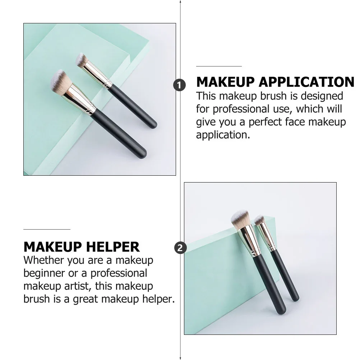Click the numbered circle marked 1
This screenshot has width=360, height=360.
[180, 85]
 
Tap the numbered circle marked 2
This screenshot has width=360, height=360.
[180, 248]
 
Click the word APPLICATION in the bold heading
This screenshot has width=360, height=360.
[306, 82]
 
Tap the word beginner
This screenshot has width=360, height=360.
[45, 273]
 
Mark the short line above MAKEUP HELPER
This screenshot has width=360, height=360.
[47, 229]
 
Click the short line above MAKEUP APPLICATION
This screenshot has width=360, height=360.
[219, 66]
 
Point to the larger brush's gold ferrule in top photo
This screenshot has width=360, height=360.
[80, 96]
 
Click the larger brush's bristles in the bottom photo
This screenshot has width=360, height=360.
[240, 219]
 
